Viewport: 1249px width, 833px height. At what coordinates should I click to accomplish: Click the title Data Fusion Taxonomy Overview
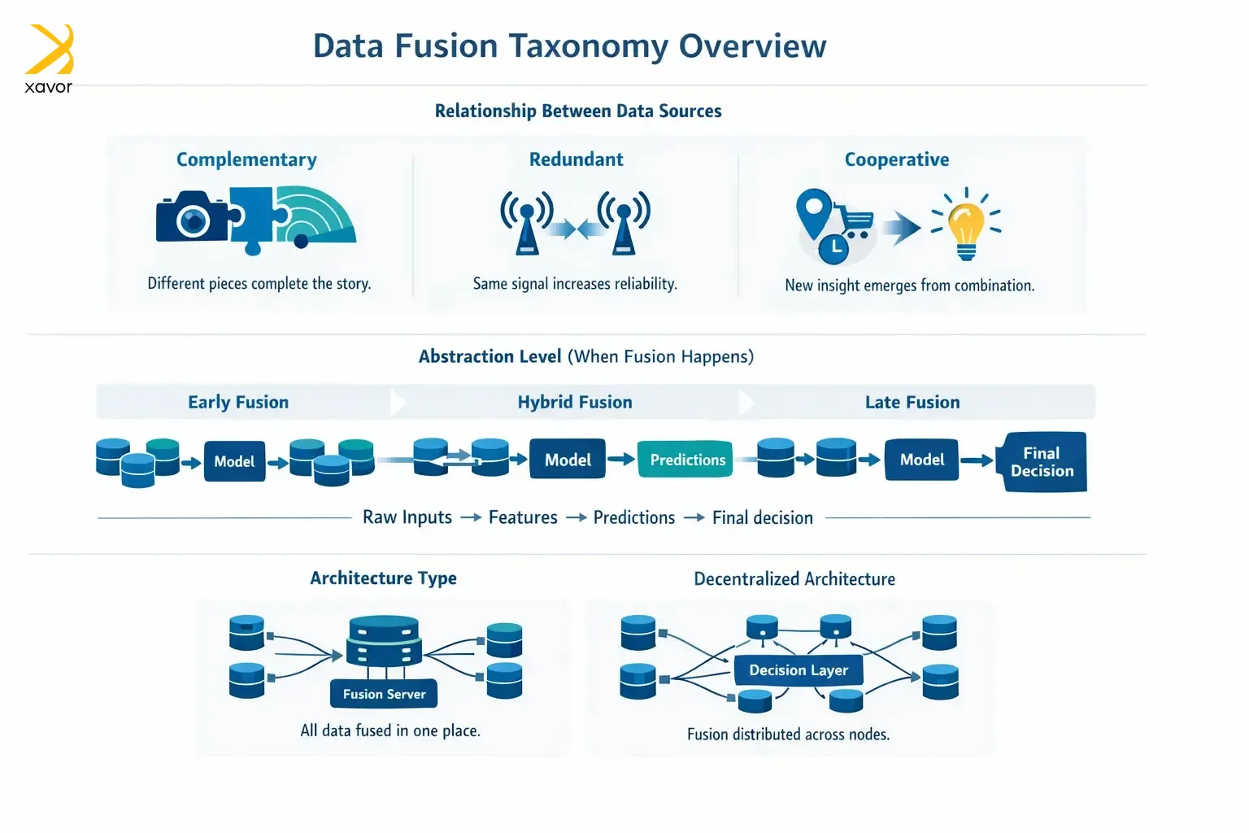coord(569,46)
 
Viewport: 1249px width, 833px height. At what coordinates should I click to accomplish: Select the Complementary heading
coord(246,159)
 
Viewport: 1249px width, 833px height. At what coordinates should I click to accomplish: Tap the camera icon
coord(193,216)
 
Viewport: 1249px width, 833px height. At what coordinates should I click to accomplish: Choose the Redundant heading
coord(576,159)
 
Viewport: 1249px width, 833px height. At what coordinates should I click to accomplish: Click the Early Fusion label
coord(238,402)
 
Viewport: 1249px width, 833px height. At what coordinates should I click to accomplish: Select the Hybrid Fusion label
coord(575,402)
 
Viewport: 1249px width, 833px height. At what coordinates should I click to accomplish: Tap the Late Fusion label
coord(912,402)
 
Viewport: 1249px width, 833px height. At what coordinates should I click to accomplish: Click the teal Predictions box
coord(687,460)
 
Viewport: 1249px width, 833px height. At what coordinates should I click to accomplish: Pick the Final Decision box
coord(1042,462)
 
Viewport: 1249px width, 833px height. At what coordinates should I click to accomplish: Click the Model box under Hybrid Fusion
coord(568,460)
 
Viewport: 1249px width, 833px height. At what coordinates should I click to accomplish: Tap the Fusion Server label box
coord(384,694)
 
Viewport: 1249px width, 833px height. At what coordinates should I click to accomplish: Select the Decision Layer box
coord(798,670)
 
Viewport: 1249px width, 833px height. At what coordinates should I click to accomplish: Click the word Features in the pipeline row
coord(523,517)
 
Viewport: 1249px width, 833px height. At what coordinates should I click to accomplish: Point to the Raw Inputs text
coord(407,517)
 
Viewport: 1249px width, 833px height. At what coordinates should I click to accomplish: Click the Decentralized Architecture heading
coord(794,579)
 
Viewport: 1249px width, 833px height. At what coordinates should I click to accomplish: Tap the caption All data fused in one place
coord(390,731)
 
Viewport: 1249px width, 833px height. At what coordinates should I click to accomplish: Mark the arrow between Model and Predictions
coord(621,460)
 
